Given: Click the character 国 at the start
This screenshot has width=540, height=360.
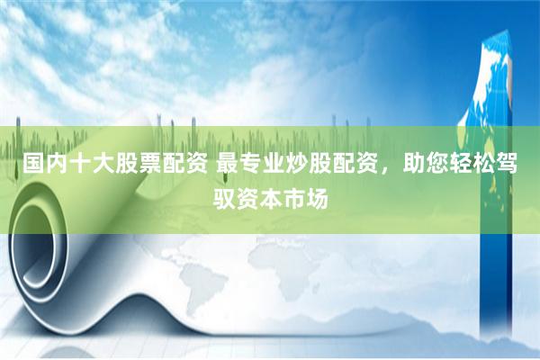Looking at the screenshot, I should tap(35, 165).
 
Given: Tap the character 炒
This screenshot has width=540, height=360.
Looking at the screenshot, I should tap(299, 165).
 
